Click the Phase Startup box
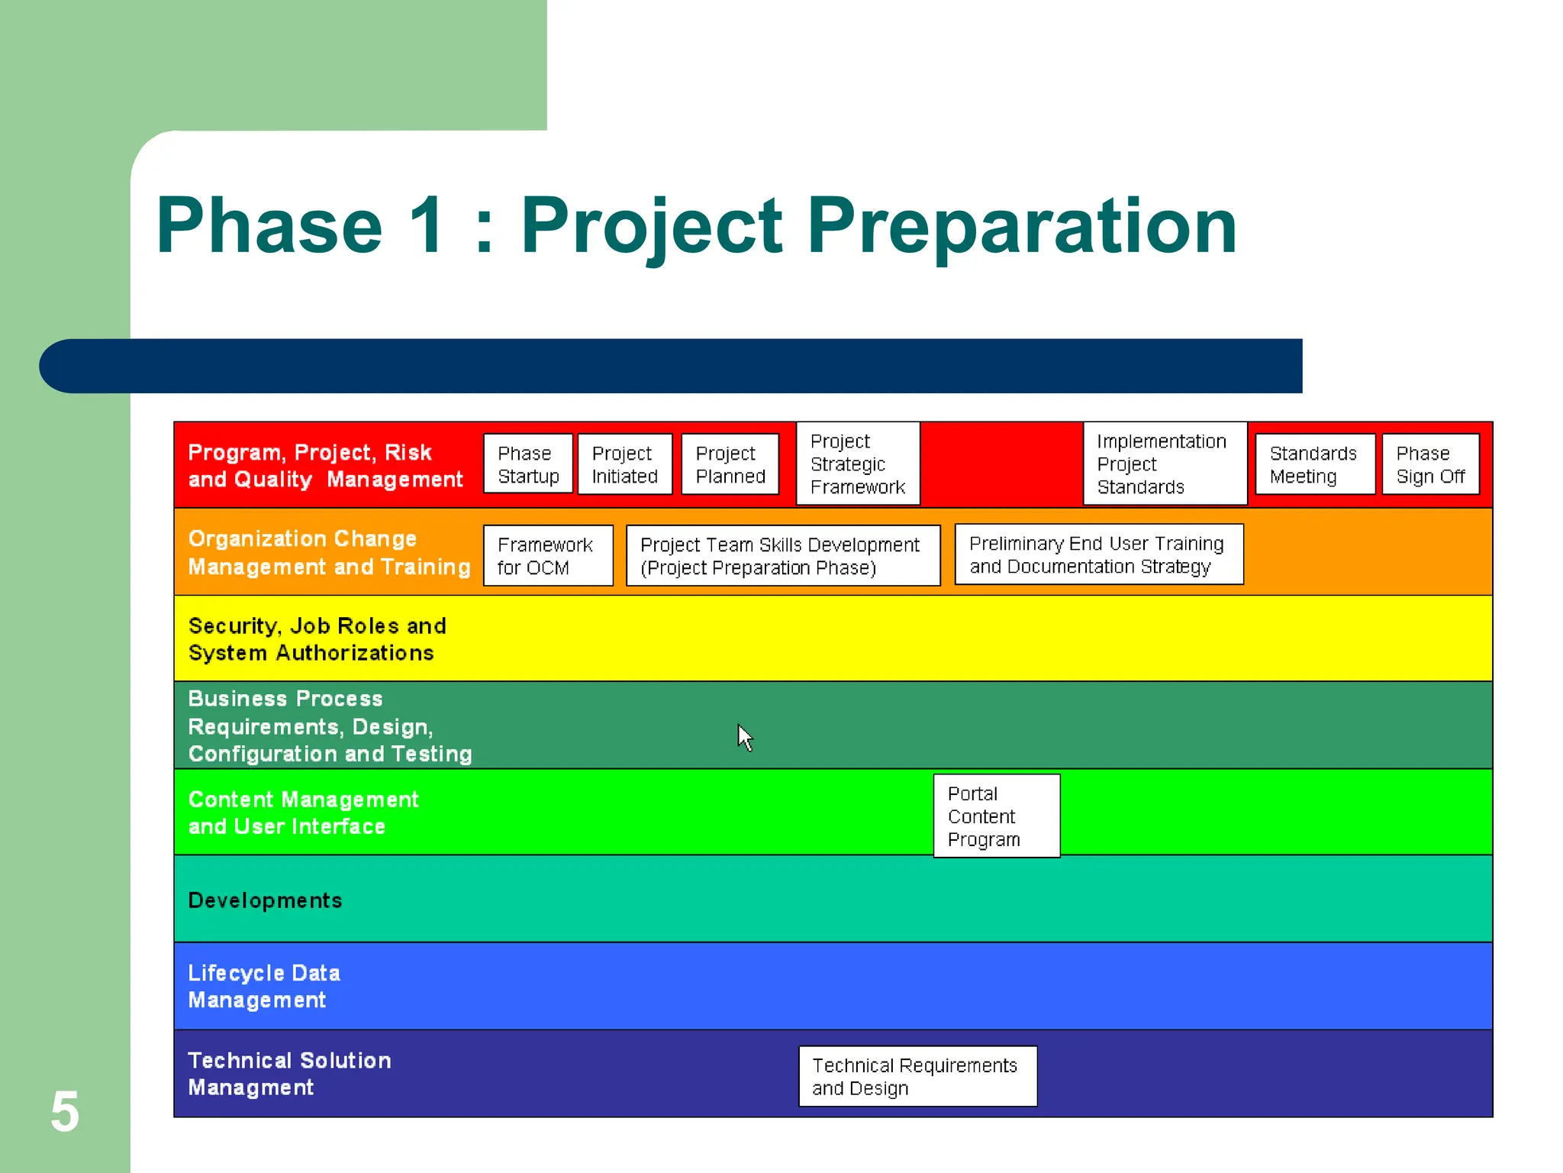(x=527, y=464)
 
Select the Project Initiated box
(x=624, y=464)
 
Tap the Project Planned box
(x=730, y=464)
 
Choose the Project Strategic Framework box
(x=858, y=464)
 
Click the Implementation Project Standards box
(x=1164, y=464)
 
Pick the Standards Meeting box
(x=1314, y=464)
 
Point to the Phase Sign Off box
(x=1430, y=464)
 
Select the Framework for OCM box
(x=547, y=556)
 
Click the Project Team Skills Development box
(x=782, y=556)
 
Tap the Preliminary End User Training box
(x=1098, y=554)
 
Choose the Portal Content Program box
(x=996, y=816)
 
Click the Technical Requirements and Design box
(x=917, y=1076)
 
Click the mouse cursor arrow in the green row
(x=744, y=736)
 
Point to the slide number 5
(x=65, y=1111)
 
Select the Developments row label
(x=265, y=900)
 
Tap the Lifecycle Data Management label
(x=263, y=986)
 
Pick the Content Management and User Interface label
(x=302, y=813)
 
